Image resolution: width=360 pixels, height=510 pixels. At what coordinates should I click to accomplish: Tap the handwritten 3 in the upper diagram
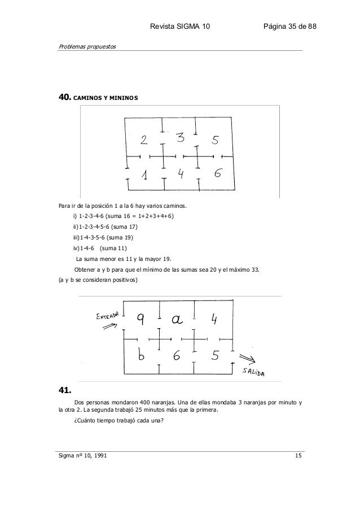pos(180,138)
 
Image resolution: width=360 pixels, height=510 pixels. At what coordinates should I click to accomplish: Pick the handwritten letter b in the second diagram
pos(142,356)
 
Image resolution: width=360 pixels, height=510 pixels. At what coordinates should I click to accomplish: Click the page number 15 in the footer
pos(298,456)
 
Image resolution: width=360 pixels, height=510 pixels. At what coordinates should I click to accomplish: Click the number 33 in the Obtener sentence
pos(256,269)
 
